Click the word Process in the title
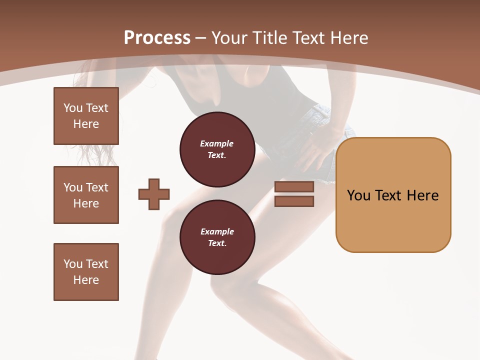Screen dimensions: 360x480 [157, 37]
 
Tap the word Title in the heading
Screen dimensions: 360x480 [269, 38]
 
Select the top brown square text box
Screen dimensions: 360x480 [86, 116]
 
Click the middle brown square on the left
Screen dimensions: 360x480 [86, 195]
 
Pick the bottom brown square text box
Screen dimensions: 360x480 [86, 271]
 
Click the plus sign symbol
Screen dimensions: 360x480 [154, 194]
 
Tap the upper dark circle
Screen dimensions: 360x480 [217, 149]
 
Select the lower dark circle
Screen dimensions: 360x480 [217, 237]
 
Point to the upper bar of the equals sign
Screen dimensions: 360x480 [294, 186]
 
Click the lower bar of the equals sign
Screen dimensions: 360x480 [294, 201]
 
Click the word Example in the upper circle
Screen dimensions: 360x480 [216, 143]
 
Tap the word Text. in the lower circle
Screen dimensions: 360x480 [217, 243]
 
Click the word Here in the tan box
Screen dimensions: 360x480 [422, 195]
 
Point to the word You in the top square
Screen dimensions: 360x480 [73, 108]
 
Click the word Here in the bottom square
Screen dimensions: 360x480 [86, 280]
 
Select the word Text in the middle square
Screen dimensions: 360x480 [96, 187]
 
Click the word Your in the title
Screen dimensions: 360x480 [229, 38]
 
